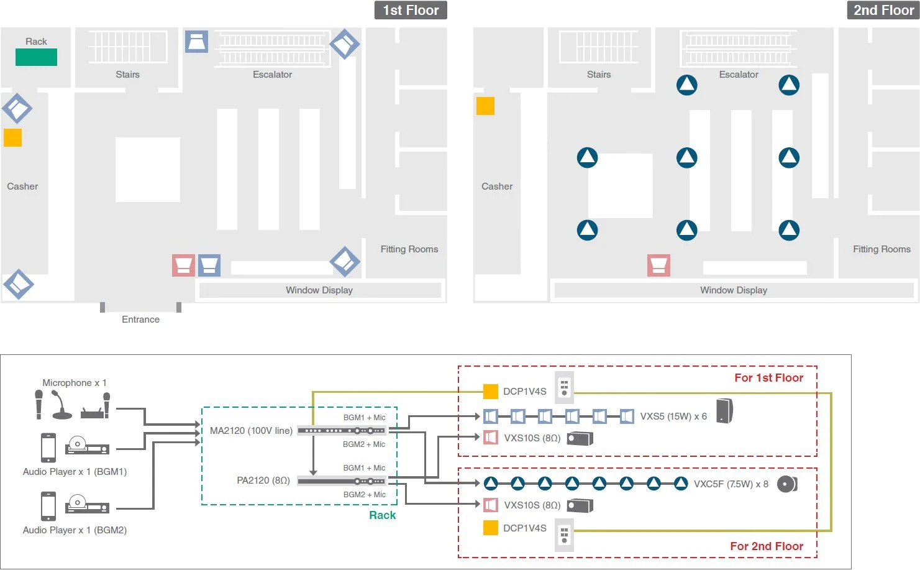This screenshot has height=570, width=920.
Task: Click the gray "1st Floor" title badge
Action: click(411, 11)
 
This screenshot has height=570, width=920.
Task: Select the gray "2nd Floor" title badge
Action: click(883, 11)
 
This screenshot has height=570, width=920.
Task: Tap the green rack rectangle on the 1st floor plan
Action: click(36, 57)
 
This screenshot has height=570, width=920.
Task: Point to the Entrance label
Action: click(140, 319)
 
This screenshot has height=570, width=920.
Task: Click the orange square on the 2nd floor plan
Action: click(485, 106)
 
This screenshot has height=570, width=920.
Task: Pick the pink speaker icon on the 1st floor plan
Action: click(183, 265)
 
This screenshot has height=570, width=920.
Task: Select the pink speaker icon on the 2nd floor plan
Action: click(658, 265)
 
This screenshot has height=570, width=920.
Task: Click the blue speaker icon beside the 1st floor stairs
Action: click(196, 42)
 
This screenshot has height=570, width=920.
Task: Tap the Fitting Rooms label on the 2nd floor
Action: click(881, 249)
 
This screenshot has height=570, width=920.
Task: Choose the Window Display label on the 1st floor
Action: click(319, 290)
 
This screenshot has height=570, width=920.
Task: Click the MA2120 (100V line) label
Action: click(251, 431)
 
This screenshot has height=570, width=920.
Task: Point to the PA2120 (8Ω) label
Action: click(263, 480)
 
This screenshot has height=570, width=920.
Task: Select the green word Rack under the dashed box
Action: click(382, 515)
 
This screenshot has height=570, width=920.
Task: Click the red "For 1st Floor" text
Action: click(768, 378)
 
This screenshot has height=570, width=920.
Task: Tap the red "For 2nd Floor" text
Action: click(767, 546)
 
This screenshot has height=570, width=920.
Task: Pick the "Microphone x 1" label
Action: click(75, 383)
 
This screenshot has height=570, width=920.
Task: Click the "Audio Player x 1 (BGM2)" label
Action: click(75, 530)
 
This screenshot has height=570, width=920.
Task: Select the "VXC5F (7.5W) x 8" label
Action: click(731, 484)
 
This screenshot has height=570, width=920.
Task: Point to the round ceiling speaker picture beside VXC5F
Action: click(787, 484)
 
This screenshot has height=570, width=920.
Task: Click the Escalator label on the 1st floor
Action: click(272, 75)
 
